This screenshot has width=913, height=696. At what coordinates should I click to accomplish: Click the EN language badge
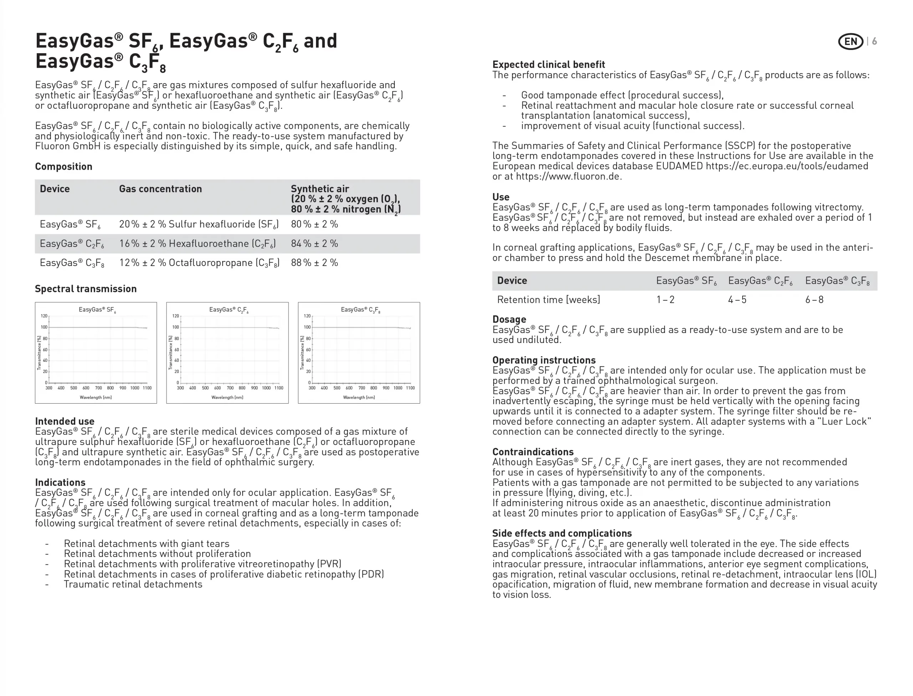(x=851, y=41)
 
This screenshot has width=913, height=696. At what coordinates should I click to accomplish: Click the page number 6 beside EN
(x=874, y=41)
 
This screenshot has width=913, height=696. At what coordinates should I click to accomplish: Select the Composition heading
(x=63, y=167)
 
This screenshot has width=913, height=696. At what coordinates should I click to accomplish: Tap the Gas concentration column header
(x=160, y=189)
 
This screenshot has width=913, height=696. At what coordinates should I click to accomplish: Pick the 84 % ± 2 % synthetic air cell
(x=314, y=244)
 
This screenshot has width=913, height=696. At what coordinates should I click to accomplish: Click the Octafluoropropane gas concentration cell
(x=199, y=263)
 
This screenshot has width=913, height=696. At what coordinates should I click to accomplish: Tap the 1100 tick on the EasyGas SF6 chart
(x=147, y=388)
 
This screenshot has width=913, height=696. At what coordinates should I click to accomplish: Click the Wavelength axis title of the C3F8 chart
(x=359, y=397)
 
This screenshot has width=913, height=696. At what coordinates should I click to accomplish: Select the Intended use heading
(x=65, y=421)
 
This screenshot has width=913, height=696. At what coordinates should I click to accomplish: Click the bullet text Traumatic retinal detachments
(x=133, y=584)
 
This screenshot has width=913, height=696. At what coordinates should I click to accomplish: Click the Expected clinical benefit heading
(x=548, y=65)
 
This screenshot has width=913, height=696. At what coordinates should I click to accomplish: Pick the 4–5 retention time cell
(x=737, y=300)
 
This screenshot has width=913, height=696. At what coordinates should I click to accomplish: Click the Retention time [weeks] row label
(x=548, y=300)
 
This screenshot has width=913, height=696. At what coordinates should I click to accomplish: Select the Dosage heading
(x=509, y=319)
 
